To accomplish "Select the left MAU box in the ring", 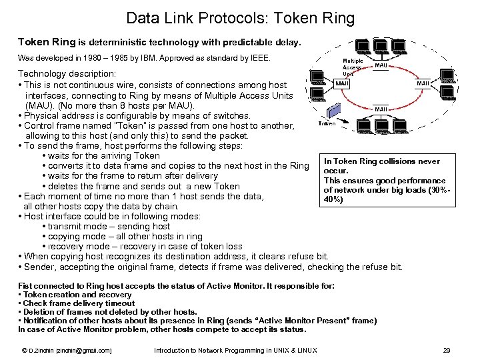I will click(x=342, y=84).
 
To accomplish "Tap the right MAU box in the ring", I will click(x=423, y=84).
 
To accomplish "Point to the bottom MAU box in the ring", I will click(x=381, y=108).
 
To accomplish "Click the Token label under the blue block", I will click(x=327, y=124).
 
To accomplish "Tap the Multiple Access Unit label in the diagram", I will click(x=352, y=67).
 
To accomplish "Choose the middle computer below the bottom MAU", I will click(x=381, y=127).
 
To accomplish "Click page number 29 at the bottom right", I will click(x=447, y=350).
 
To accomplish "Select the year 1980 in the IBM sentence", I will click(x=93, y=58).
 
